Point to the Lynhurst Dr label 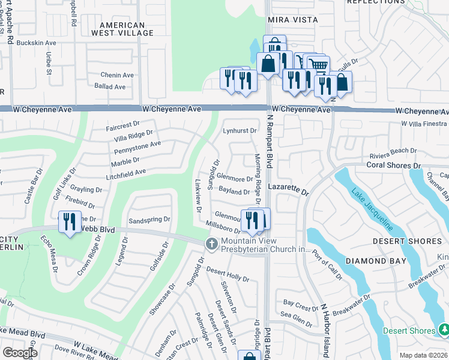[240, 130]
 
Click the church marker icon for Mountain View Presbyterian [211, 244]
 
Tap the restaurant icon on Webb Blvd [70, 223]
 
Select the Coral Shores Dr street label [393, 165]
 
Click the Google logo [20, 352]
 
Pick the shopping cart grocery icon [318, 65]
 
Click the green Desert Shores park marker [444, 330]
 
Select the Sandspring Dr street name [149, 220]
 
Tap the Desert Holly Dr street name [228, 274]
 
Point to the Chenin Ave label [117, 75]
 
